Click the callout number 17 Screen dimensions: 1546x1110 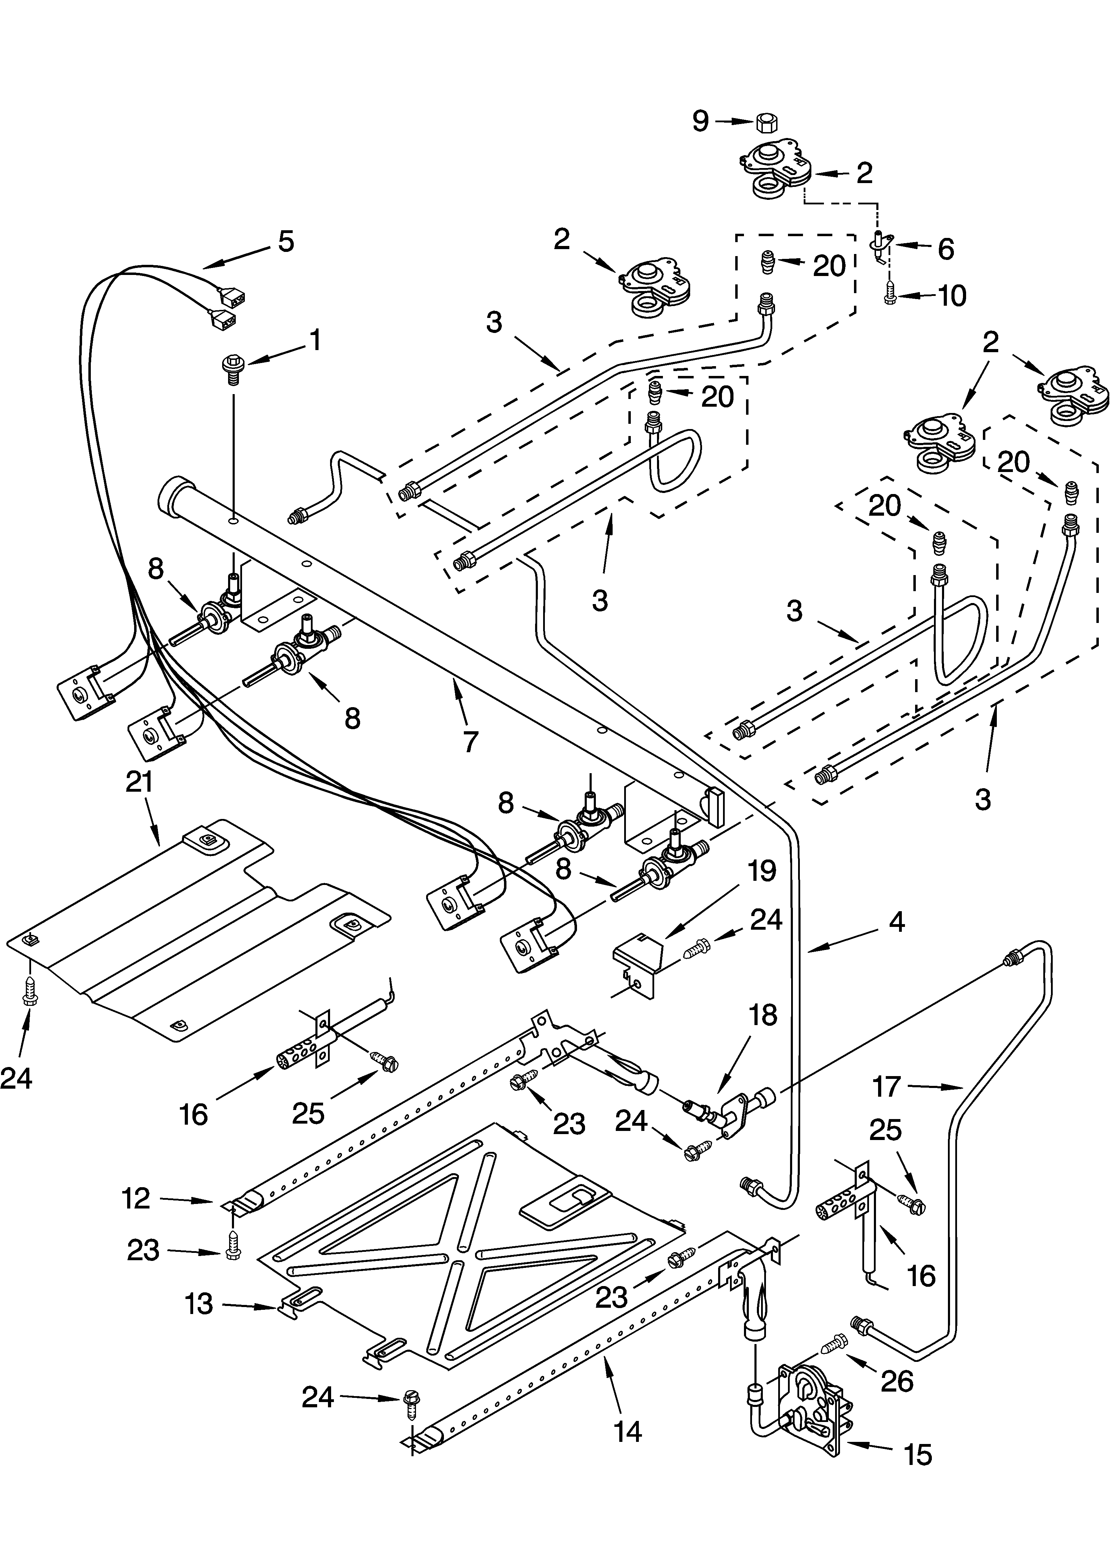pyautogui.click(x=886, y=1086)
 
